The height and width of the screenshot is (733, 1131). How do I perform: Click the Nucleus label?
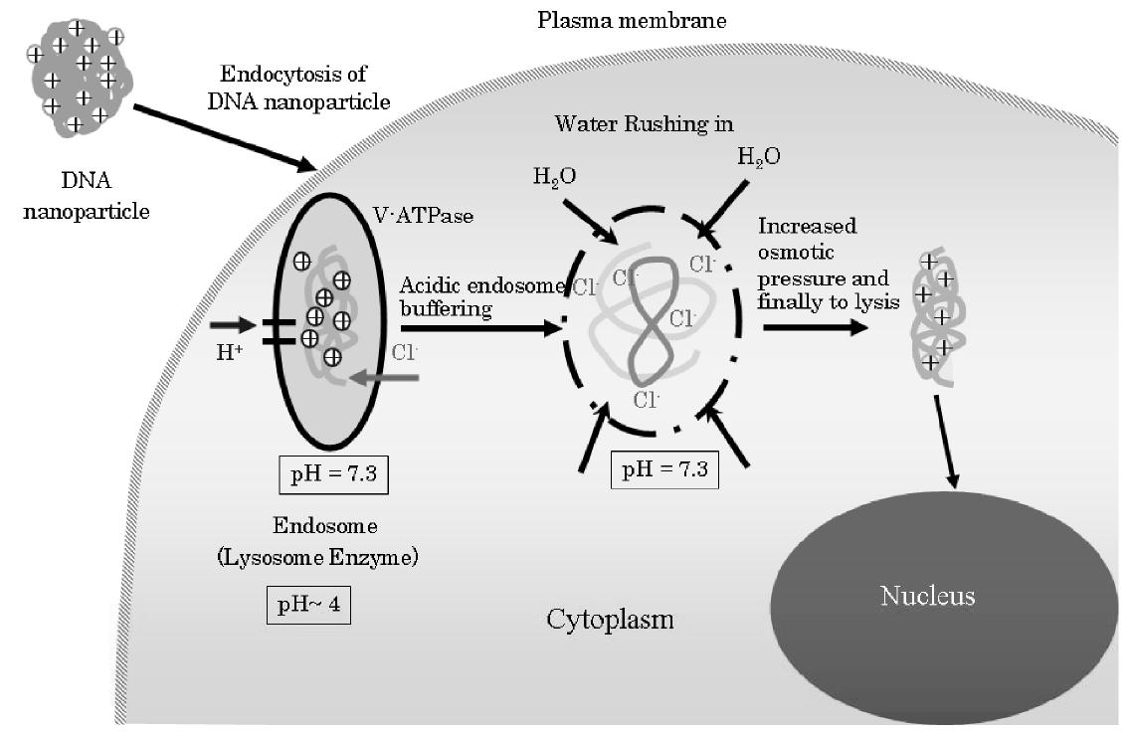(x=926, y=596)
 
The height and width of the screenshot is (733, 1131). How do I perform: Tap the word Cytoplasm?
(x=610, y=620)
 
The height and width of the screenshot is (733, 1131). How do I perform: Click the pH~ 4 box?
(x=307, y=605)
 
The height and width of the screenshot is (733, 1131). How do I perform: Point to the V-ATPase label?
(x=410, y=215)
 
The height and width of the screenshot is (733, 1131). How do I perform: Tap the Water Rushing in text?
(x=644, y=123)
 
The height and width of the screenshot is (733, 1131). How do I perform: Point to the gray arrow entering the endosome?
(x=388, y=377)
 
